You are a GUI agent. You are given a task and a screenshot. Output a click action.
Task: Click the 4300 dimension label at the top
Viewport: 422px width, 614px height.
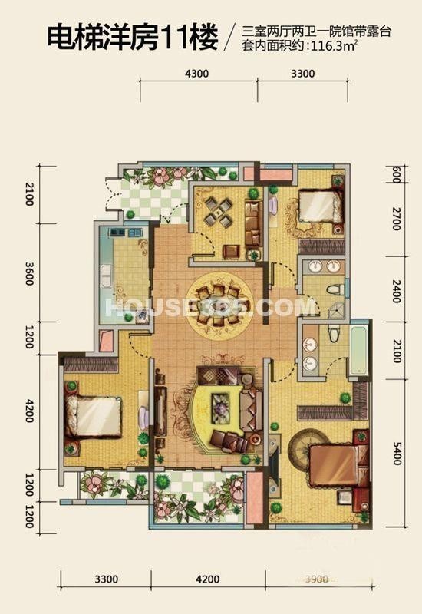click(x=196, y=73)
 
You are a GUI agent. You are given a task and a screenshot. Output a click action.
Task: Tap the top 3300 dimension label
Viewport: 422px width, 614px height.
click(x=303, y=73)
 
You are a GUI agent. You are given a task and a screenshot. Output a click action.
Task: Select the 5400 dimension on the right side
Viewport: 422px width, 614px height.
click(x=397, y=453)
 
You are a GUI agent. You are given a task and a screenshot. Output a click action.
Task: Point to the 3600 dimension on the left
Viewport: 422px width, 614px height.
click(x=29, y=273)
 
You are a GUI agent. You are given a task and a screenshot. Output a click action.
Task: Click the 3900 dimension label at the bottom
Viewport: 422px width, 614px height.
click(x=316, y=579)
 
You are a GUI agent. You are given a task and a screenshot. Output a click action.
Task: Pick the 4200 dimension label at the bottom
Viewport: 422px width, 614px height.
click(x=207, y=579)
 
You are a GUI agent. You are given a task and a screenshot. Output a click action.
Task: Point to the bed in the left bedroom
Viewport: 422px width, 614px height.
click(x=93, y=417)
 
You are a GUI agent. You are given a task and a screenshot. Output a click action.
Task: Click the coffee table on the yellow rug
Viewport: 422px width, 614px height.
click(x=222, y=409)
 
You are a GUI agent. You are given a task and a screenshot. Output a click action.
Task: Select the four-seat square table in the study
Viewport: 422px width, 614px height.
click(x=219, y=212)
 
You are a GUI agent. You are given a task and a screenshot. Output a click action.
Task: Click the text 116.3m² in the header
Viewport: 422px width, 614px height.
click(x=334, y=46)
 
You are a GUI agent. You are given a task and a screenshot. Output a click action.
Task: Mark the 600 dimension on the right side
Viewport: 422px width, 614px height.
click(x=396, y=174)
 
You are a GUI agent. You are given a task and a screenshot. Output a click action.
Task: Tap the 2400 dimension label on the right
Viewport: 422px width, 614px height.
click(x=397, y=291)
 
